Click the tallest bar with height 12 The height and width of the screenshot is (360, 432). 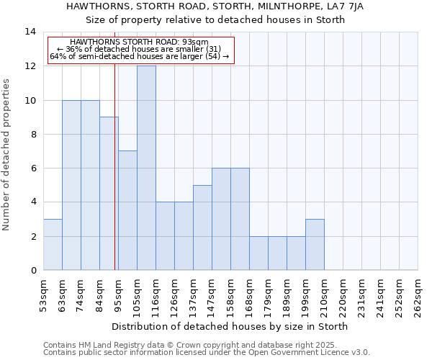point(146,168)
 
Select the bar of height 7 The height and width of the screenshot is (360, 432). point(127,210)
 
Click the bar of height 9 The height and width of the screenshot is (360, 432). point(109,193)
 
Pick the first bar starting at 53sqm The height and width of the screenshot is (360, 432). point(53,244)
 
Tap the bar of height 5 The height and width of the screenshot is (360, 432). point(202,228)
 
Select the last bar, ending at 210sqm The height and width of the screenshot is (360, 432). point(315,244)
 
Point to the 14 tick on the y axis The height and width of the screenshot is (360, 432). point(30,32)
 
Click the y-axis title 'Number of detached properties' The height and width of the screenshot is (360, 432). point(7,155)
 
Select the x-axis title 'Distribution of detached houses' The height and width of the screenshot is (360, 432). point(230,326)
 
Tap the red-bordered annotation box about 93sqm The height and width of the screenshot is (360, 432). point(141,49)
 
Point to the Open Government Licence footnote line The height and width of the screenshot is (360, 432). point(207,353)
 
